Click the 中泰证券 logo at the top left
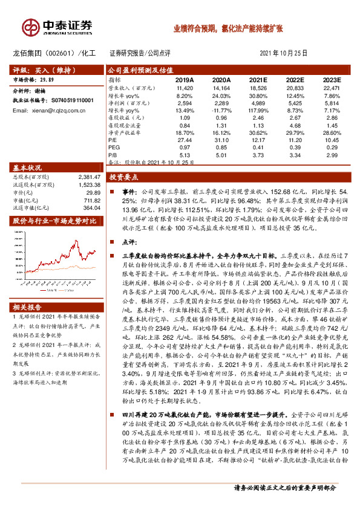click(x=58, y=25)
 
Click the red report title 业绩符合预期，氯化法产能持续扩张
click(x=227, y=28)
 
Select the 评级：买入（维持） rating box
click(x=39, y=70)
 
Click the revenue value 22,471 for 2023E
click(x=330, y=88)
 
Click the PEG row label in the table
click(x=114, y=147)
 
